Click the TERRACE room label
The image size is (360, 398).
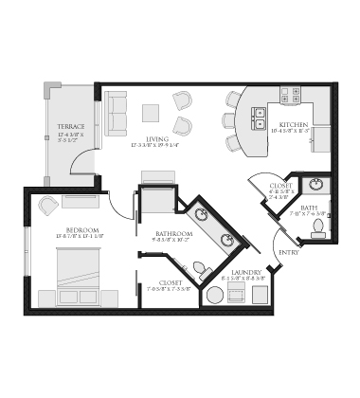[71, 126]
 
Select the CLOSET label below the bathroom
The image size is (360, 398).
[171, 281]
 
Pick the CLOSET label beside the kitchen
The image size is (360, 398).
[281, 186]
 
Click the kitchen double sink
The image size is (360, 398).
[259, 118]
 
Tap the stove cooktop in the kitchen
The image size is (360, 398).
[291, 95]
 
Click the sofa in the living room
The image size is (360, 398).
[117, 113]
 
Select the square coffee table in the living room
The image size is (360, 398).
[152, 112]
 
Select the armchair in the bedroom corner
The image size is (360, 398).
[47, 204]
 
